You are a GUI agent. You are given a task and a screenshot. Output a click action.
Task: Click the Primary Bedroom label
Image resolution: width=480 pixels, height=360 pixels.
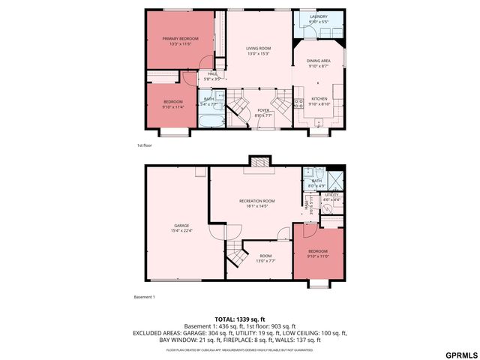click(180, 40)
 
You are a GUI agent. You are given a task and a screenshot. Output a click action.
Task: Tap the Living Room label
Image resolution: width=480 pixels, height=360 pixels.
click(258, 50)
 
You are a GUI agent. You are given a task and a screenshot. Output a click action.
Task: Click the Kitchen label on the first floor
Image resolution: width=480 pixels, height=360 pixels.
click(319, 101)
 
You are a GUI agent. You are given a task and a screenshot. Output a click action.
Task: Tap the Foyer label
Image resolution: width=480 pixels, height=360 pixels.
click(263, 112)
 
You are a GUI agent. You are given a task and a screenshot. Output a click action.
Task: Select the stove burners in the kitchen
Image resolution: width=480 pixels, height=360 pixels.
click(298, 95)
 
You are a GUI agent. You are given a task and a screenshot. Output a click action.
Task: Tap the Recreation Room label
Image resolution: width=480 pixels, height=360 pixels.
click(257, 203)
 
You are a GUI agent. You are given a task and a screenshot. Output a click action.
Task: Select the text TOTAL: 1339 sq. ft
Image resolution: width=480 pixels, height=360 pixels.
click(240, 319)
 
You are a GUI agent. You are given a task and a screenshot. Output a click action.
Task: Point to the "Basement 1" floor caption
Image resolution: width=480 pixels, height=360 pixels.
click(144, 297)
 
